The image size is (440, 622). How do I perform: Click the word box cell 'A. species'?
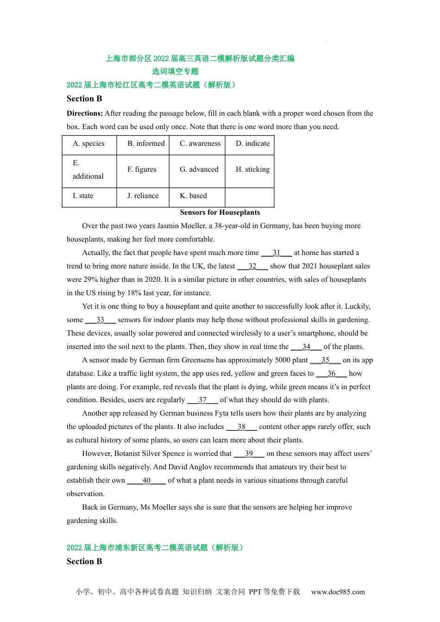pyautogui.click(x=89, y=144)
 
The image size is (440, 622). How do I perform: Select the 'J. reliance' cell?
pyautogui.click(x=143, y=196)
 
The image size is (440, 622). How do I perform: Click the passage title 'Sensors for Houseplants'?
pyautogui.click(x=220, y=212)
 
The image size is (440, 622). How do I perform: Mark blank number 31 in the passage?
pyautogui.click(x=277, y=253)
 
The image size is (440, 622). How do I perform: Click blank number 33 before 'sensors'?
pyautogui.click(x=100, y=320)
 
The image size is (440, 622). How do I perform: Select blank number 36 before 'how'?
pyautogui.click(x=331, y=373)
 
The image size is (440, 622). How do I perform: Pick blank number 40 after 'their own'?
pyautogui.click(x=146, y=480)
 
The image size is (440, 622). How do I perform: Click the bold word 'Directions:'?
pyautogui.click(x=85, y=113)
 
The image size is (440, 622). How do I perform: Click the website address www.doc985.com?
pyautogui.click(x=338, y=592)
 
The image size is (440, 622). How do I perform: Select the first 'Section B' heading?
pyautogui.click(x=84, y=99)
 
